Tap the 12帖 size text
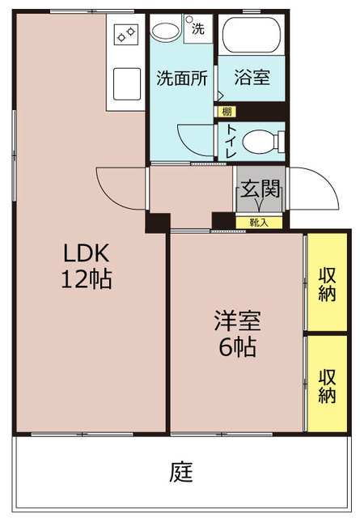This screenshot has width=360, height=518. point(87,279)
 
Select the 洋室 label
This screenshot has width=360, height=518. point(237,321)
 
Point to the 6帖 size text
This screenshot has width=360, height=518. point(236,347)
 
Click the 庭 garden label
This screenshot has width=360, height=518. point(181,471)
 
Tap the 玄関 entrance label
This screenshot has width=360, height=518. point(260,191)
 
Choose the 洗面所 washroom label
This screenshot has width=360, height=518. point(181,79)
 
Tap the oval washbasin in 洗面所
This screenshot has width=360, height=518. point(167,32)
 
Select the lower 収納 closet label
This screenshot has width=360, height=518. point(327,385)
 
